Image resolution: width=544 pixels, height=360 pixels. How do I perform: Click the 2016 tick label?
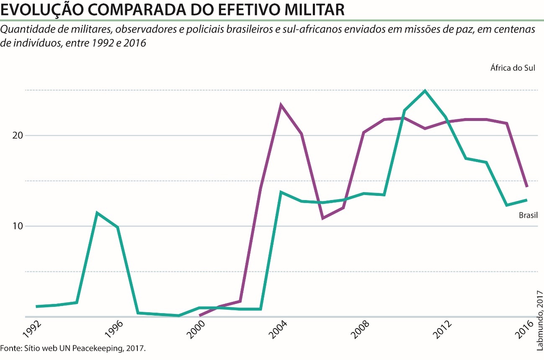pos(526,329)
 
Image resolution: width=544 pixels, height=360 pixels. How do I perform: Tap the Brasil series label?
pos(528,216)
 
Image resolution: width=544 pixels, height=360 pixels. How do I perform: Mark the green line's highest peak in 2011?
pos(425,91)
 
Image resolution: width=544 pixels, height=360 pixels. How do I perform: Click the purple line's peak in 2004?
pos(281,105)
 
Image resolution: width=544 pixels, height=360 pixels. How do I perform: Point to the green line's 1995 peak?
pos(97,213)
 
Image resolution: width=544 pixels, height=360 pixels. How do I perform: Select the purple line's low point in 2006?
pos(322,218)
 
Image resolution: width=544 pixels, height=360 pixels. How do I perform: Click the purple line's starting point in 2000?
pos(200,316)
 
